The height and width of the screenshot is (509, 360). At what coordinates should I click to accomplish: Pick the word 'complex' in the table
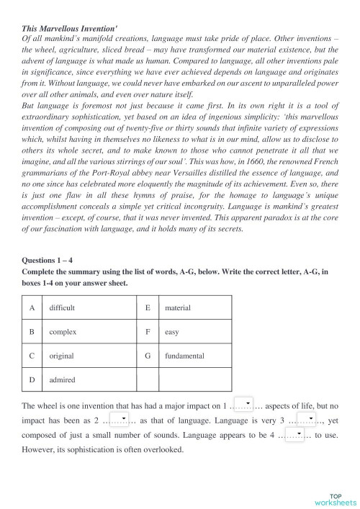click(x=63, y=332)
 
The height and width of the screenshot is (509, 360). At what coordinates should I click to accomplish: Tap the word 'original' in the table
click(x=61, y=356)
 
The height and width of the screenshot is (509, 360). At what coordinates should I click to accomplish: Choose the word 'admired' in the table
click(x=62, y=379)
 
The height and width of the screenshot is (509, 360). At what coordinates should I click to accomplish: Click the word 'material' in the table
click(x=177, y=307)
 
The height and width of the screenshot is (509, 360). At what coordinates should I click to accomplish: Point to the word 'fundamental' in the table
click(x=184, y=356)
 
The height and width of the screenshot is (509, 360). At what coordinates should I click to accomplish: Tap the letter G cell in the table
click(x=148, y=356)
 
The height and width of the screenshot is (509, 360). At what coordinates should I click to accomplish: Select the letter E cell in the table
click(x=148, y=307)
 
